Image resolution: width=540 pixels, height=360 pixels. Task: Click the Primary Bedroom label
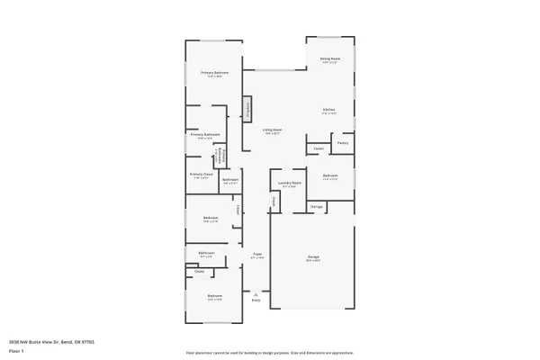pos(215,72)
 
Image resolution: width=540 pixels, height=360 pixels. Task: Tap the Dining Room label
pos(329,58)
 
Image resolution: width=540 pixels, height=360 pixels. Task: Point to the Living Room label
pos(272,130)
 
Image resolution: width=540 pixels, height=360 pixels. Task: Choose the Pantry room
pos(343,143)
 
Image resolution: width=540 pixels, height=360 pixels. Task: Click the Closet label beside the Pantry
pos(319,148)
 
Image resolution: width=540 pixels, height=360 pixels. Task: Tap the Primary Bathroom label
pos(205,134)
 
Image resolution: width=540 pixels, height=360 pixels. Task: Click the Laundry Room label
pos(289,184)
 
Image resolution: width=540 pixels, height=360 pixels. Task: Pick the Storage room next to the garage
pos(317,207)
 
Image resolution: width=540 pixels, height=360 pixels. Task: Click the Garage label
pos(314,256)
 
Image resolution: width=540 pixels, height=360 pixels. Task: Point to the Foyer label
pos(256,254)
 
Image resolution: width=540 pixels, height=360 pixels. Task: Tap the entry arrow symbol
pos(256,293)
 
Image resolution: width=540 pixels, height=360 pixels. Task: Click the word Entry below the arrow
pos(256,301)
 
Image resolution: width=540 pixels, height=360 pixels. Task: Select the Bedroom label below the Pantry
pos(330,175)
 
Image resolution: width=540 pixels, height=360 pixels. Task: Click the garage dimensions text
pos(314,261)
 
